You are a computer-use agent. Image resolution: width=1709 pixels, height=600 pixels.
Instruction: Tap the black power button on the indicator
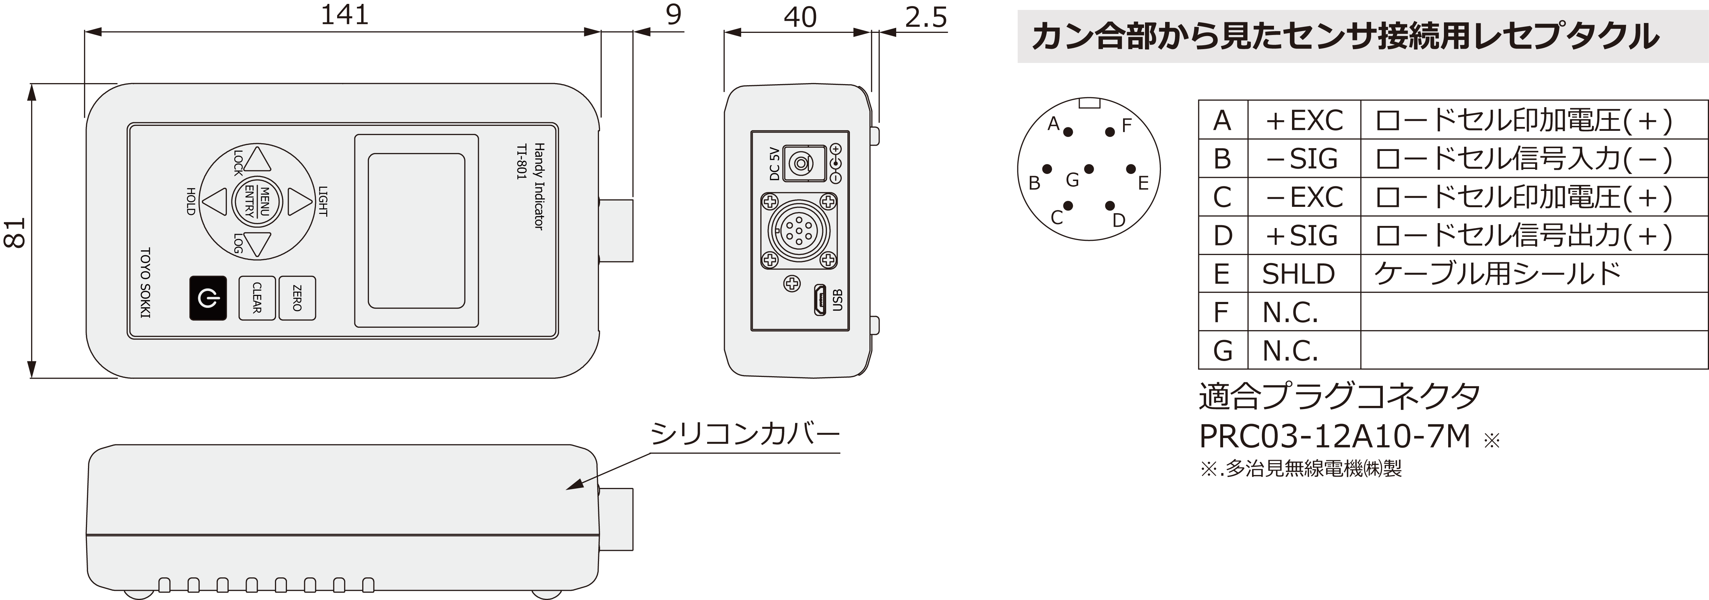208,298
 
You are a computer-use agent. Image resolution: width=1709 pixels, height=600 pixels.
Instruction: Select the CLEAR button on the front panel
257,298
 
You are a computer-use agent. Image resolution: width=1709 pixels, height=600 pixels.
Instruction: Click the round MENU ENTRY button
257,201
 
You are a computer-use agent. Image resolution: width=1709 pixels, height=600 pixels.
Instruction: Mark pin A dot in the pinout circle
1068,132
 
